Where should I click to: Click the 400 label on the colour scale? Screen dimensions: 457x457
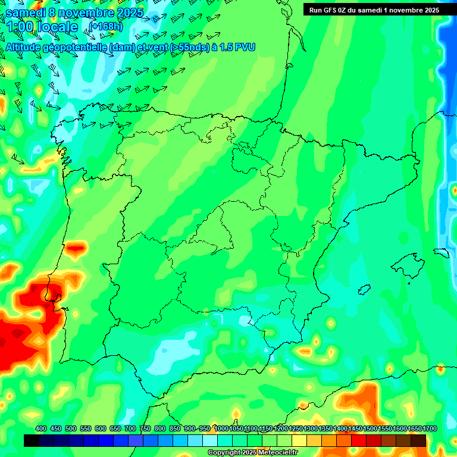41,428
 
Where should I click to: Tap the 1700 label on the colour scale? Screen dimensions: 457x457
414,428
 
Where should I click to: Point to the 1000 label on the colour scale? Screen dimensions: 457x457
221,428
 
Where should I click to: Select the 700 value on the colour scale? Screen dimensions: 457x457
130,428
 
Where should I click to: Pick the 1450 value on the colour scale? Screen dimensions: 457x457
355,428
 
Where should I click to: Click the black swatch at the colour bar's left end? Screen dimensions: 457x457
32,440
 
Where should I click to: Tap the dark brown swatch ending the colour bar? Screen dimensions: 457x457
418,440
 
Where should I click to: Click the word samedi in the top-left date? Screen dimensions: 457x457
26,12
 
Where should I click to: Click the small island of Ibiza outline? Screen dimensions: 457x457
363,289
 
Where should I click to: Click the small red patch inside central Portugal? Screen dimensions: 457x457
76,247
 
